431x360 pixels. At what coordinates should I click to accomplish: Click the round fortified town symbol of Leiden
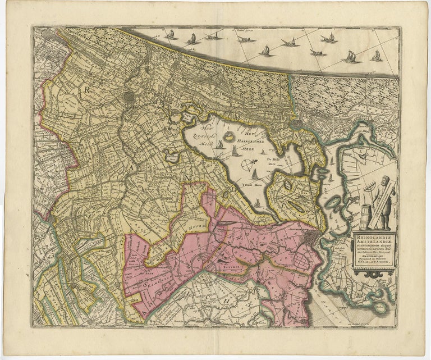[130, 96]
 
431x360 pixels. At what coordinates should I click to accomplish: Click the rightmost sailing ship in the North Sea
[376, 56]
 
